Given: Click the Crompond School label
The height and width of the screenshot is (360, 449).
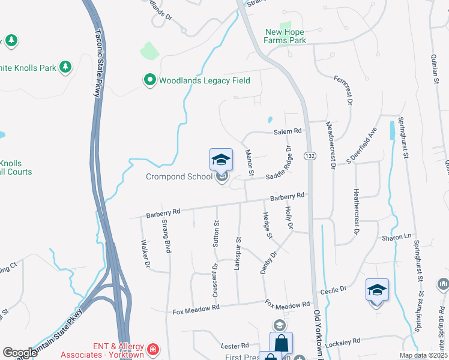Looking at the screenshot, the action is (179, 176).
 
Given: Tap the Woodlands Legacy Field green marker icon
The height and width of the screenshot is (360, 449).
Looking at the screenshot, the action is (149, 80).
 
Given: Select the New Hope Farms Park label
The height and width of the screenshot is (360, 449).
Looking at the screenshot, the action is (285, 36).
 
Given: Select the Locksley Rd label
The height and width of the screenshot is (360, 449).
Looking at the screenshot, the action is (342, 341).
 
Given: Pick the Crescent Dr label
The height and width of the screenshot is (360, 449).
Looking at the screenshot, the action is (214, 280).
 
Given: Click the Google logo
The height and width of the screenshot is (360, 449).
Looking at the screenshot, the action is (20, 353).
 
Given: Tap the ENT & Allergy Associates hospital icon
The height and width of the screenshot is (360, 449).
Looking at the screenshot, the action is (154, 349).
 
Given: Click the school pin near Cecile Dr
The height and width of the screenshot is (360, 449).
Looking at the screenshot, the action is (377, 291).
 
